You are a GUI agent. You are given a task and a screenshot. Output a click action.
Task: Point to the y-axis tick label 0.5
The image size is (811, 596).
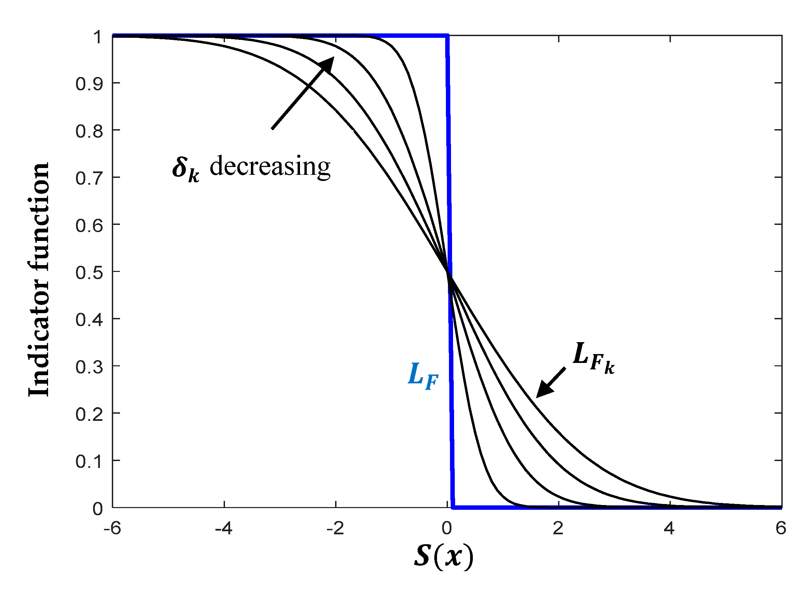(89, 273)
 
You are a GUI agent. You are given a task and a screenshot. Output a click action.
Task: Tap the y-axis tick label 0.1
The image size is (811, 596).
(89, 462)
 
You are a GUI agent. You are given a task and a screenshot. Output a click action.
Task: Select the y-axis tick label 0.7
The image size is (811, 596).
(89, 179)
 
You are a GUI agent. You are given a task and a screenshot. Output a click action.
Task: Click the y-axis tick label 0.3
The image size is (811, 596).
(89, 367)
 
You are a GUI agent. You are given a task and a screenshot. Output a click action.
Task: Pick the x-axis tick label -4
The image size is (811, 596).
(223, 529)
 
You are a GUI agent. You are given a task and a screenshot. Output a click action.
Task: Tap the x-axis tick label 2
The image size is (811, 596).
(558, 529)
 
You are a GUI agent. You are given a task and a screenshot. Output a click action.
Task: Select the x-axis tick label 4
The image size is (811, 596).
(669, 529)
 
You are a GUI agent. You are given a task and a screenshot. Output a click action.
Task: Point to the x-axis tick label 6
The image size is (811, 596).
(781, 529)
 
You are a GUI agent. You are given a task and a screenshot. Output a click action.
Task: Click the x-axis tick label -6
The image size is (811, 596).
(112, 529)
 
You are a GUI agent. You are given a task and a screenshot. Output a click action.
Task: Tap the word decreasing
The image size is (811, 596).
(270, 167)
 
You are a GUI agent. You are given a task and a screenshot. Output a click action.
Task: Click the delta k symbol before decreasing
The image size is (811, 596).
(185, 170)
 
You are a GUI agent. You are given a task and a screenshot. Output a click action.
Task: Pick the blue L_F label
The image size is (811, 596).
(423, 377)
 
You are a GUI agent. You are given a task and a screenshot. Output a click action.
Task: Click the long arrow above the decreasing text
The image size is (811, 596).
(302, 93)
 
